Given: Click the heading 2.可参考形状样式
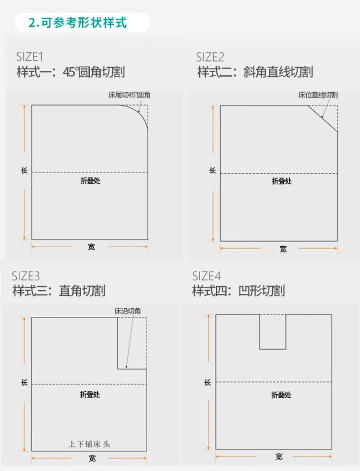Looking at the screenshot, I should click(x=78, y=23).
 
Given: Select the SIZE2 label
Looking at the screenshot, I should click(x=210, y=57).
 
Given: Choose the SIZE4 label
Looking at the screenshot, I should click(x=206, y=276).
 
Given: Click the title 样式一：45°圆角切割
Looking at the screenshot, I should click(x=71, y=72).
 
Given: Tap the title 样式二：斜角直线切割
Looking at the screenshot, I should click(x=255, y=72).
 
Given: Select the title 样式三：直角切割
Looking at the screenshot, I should click(x=59, y=290).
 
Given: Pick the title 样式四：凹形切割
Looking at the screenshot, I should click(x=239, y=290).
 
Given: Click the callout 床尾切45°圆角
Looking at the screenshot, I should click(x=130, y=96).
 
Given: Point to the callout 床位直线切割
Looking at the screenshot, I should click(x=318, y=95).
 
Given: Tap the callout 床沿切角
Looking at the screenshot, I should click(x=128, y=311).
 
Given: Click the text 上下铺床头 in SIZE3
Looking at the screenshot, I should click(x=89, y=444).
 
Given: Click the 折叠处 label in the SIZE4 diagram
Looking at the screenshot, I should click(x=281, y=395).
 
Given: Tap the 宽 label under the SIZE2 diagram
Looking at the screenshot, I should click(x=283, y=249).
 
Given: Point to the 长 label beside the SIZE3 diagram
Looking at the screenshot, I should click(x=24, y=383).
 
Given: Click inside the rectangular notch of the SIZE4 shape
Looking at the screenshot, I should click(x=273, y=331).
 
